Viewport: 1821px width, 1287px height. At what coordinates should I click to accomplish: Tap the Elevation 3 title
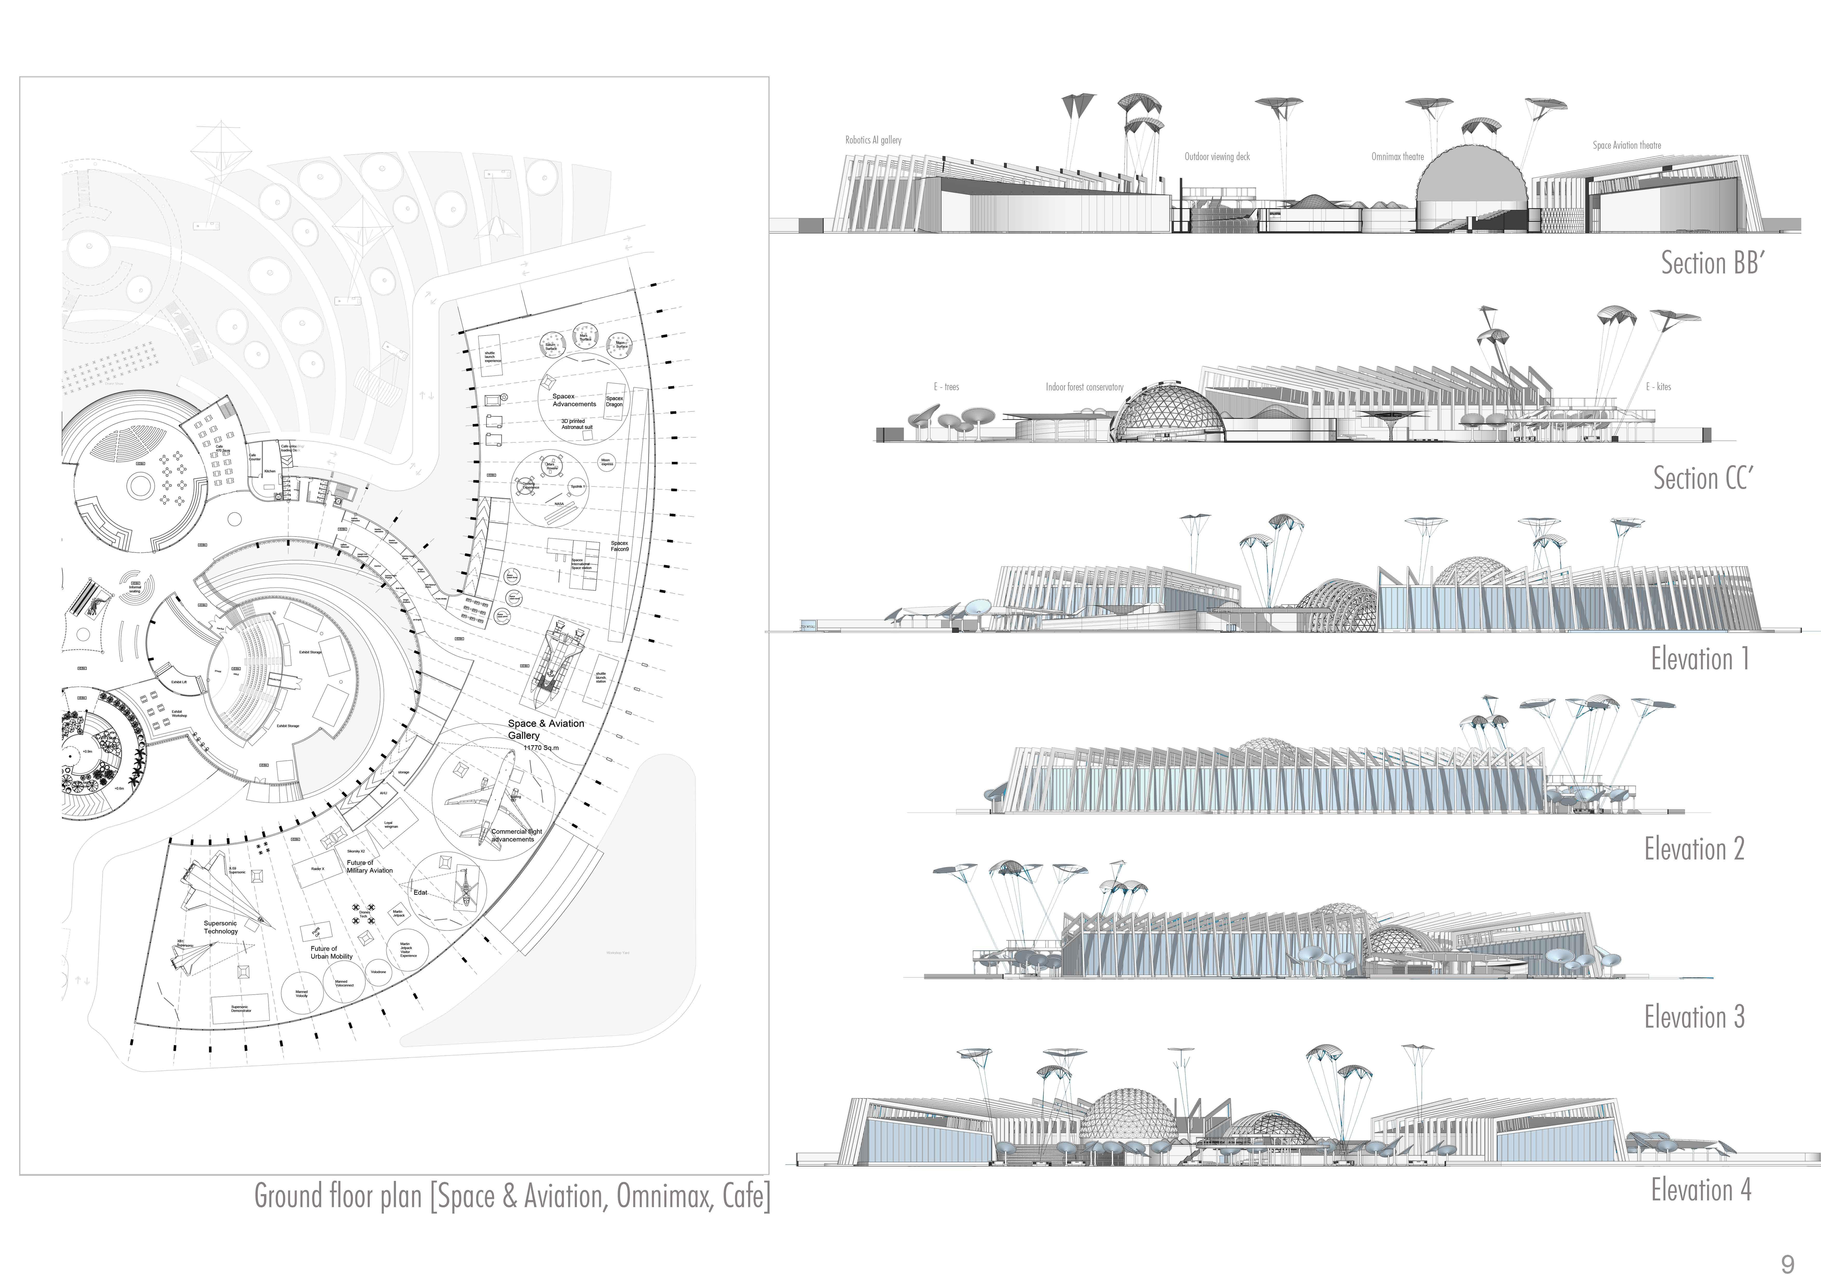(x=1694, y=1017)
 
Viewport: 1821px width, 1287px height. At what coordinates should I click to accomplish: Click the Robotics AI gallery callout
(x=873, y=140)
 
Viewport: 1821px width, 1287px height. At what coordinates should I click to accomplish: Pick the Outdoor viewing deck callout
(x=1217, y=157)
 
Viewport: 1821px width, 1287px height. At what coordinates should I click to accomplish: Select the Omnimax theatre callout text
(x=1397, y=157)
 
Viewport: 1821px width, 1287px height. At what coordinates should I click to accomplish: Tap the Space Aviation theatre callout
(x=1627, y=145)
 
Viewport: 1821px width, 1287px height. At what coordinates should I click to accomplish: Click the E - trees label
(x=946, y=387)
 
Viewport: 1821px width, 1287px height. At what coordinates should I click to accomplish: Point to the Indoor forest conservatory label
(x=1084, y=387)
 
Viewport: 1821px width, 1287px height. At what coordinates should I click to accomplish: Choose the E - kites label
(x=1659, y=387)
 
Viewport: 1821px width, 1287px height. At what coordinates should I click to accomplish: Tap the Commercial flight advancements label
(x=516, y=835)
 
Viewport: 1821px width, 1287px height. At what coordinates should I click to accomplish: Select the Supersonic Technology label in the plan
(x=220, y=927)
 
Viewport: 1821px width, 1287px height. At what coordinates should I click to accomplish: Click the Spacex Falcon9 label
(x=620, y=546)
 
